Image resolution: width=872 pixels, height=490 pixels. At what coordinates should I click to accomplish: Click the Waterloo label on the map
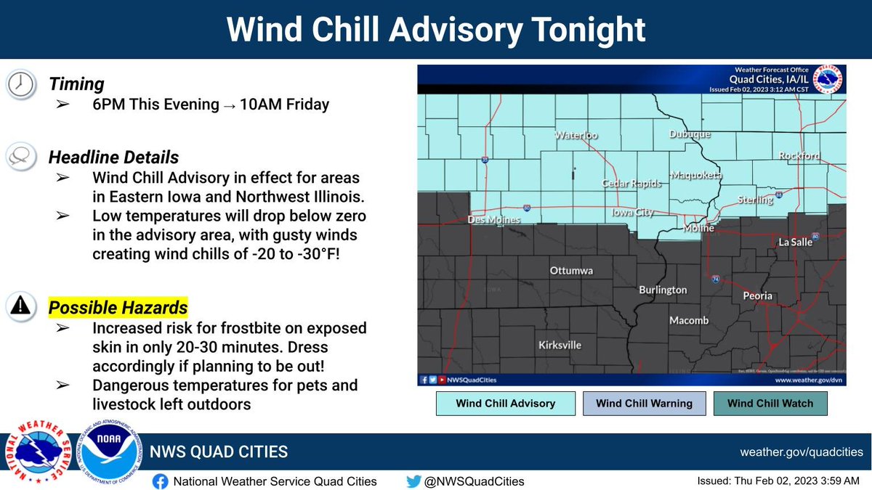[x=576, y=135]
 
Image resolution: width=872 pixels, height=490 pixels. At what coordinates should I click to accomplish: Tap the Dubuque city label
[x=690, y=134]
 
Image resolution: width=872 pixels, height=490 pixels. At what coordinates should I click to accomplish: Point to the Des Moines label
[x=494, y=219]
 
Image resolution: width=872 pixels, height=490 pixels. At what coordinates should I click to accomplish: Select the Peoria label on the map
[x=757, y=296]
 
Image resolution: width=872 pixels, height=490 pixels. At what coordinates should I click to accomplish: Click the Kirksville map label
[x=560, y=345]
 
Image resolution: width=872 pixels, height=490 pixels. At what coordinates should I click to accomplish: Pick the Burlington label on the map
[x=663, y=290]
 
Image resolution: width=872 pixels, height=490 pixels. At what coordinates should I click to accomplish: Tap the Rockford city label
[x=799, y=155]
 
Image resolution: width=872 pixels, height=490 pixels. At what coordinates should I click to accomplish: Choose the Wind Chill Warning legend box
[x=644, y=404]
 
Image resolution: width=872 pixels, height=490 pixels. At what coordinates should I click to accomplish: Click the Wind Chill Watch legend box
[x=770, y=404]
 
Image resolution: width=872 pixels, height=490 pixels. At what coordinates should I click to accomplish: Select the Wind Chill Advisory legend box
[x=505, y=404]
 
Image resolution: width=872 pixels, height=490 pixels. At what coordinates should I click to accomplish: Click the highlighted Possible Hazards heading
[x=118, y=307]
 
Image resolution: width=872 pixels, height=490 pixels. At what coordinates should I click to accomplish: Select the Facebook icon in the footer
[x=161, y=481]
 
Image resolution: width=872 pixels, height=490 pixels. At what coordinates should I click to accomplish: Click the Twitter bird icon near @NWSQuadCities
[x=413, y=481]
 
